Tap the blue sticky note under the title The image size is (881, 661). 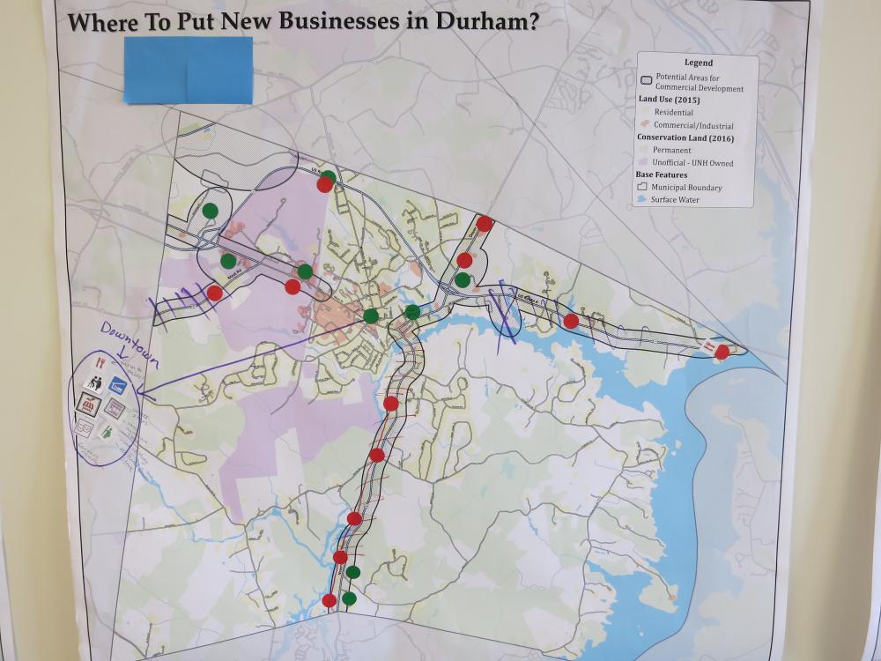click(188, 70)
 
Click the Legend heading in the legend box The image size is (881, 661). click(698, 63)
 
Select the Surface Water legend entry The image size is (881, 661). click(682, 200)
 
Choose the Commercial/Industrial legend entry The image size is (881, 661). click(692, 125)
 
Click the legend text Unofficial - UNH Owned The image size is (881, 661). click(692, 163)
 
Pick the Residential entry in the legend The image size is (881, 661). click(673, 113)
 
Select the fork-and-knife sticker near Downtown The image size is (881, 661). click(100, 361)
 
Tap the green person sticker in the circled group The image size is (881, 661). click(107, 432)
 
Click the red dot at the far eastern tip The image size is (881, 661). click(722, 352)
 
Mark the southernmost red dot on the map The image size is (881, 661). click(329, 600)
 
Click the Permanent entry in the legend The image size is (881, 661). click(672, 151)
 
